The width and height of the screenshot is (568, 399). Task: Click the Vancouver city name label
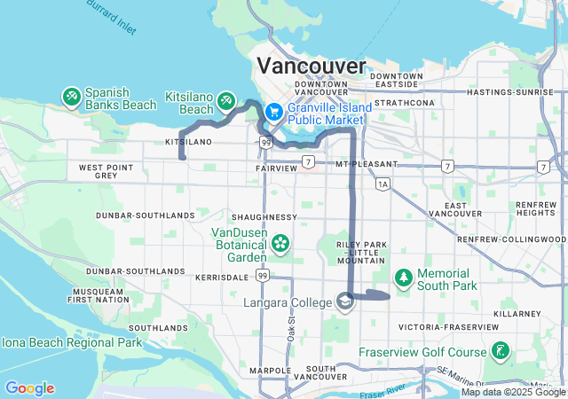[311, 66]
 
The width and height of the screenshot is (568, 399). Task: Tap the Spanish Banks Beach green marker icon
[71, 96]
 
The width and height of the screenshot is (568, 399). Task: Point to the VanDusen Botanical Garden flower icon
[280, 242]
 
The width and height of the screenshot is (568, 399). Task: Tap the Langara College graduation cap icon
[343, 302]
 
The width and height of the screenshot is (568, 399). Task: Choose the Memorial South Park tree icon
[403, 278]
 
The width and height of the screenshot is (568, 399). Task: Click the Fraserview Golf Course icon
[501, 352]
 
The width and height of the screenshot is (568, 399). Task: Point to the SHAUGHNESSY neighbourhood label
[264, 216]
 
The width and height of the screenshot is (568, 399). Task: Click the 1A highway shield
[383, 184]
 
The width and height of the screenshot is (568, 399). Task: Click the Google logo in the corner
[29, 388]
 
